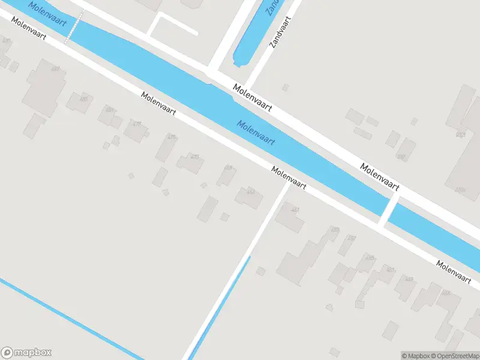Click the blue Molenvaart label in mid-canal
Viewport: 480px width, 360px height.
point(256,133)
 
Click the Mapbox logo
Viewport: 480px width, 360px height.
point(26,353)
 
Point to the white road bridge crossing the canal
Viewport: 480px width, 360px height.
point(388,209)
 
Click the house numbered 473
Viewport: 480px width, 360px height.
point(190,162)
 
